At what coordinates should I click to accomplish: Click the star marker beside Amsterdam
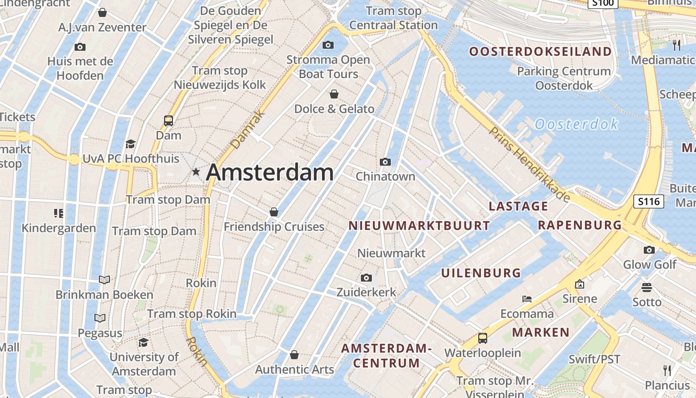[196, 172]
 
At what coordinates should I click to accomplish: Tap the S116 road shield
[649, 201]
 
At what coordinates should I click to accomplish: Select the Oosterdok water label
[577, 124]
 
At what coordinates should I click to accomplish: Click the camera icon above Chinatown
[385, 162]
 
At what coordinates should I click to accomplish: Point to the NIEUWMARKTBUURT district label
[419, 226]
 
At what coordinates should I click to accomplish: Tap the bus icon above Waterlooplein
[482, 338]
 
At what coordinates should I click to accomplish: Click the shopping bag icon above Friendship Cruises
[273, 212]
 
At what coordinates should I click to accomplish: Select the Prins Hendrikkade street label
[529, 164]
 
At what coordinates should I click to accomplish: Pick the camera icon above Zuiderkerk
[366, 278]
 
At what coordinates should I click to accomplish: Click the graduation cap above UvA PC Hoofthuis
[130, 144]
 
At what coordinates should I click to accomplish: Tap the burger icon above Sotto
[647, 287]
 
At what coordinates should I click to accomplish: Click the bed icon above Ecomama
[527, 299]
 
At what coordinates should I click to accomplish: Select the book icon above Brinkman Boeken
[104, 280]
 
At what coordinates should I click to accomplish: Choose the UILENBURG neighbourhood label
[481, 273]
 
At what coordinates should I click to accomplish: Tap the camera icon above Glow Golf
[649, 250]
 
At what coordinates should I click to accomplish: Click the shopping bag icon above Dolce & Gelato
[334, 94]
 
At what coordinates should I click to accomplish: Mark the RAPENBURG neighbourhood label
[580, 225]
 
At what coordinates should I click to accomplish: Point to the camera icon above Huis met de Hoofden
[80, 47]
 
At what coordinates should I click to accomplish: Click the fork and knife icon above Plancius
[667, 370]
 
